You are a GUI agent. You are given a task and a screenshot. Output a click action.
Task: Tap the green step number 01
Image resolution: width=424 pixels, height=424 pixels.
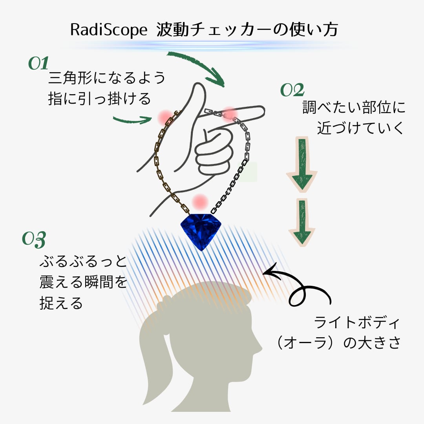click(x=38, y=64)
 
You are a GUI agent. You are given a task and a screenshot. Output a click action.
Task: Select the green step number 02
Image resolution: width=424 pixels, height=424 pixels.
click(x=292, y=91)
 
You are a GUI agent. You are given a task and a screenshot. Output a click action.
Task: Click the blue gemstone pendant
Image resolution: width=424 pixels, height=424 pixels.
click(x=201, y=230)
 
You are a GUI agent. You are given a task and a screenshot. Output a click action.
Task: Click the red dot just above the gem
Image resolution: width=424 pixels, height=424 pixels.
click(x=200, y=201)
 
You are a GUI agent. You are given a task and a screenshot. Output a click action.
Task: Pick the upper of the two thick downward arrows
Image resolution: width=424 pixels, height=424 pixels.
click(x=302, y=164)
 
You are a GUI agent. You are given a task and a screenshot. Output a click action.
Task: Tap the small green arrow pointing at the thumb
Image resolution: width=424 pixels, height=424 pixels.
click(x=132, y=119)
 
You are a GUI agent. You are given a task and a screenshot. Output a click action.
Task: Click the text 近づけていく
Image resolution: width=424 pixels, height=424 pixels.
click(x=360, y=128)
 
